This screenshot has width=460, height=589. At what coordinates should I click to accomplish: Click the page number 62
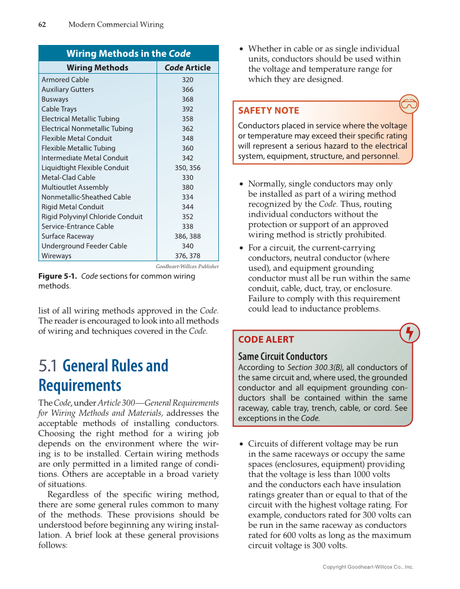(x=42, y=24)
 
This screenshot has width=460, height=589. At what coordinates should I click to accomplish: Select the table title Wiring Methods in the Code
(x=128, y=53)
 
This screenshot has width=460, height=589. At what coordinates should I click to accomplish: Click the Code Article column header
(x=187, y=68)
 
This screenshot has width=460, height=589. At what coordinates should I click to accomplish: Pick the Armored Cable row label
(x=65, y=80)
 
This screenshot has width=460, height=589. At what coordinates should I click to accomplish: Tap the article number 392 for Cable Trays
(x=187, y=109)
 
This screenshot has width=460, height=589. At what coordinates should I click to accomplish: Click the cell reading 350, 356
(x=187, y=168)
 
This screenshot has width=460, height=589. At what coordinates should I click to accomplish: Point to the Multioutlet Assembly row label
(x=75, y=187)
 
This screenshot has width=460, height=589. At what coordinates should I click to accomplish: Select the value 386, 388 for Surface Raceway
(x=187, y=236)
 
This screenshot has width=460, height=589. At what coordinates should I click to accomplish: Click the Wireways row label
(x=56, y=256)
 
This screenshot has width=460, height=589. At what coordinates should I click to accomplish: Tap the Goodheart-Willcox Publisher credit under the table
(x=187, y=267)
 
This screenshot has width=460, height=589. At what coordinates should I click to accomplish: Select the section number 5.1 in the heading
(x=49, y=366)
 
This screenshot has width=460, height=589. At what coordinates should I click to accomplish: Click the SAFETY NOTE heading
(x=268, y=111)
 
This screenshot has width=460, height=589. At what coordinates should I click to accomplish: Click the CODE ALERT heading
(x=266, y=340)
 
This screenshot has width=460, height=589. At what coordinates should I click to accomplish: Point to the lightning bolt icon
(x=409, y=333)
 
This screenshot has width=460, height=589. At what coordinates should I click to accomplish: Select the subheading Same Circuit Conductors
(x=283, y=357)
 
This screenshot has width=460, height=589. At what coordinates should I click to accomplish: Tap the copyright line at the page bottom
(x=368, y=567)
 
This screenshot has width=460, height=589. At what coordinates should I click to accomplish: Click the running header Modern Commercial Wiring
(x=115, y=24)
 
